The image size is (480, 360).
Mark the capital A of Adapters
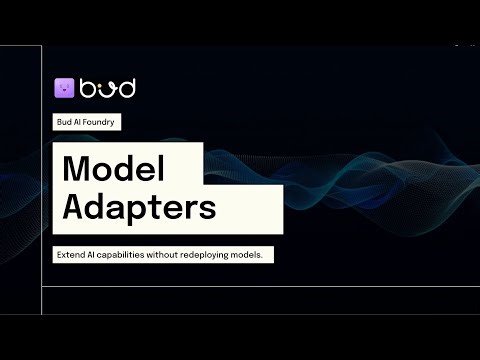click(76, 207)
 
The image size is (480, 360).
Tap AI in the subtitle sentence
click(97, 255)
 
